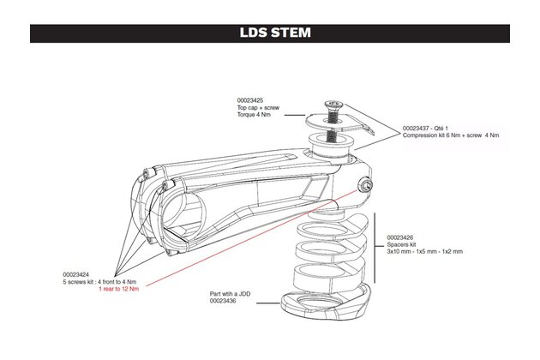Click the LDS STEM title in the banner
[270, 34]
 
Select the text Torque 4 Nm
[256, 115]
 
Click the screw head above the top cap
[332, 107]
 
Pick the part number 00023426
[402, 237]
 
